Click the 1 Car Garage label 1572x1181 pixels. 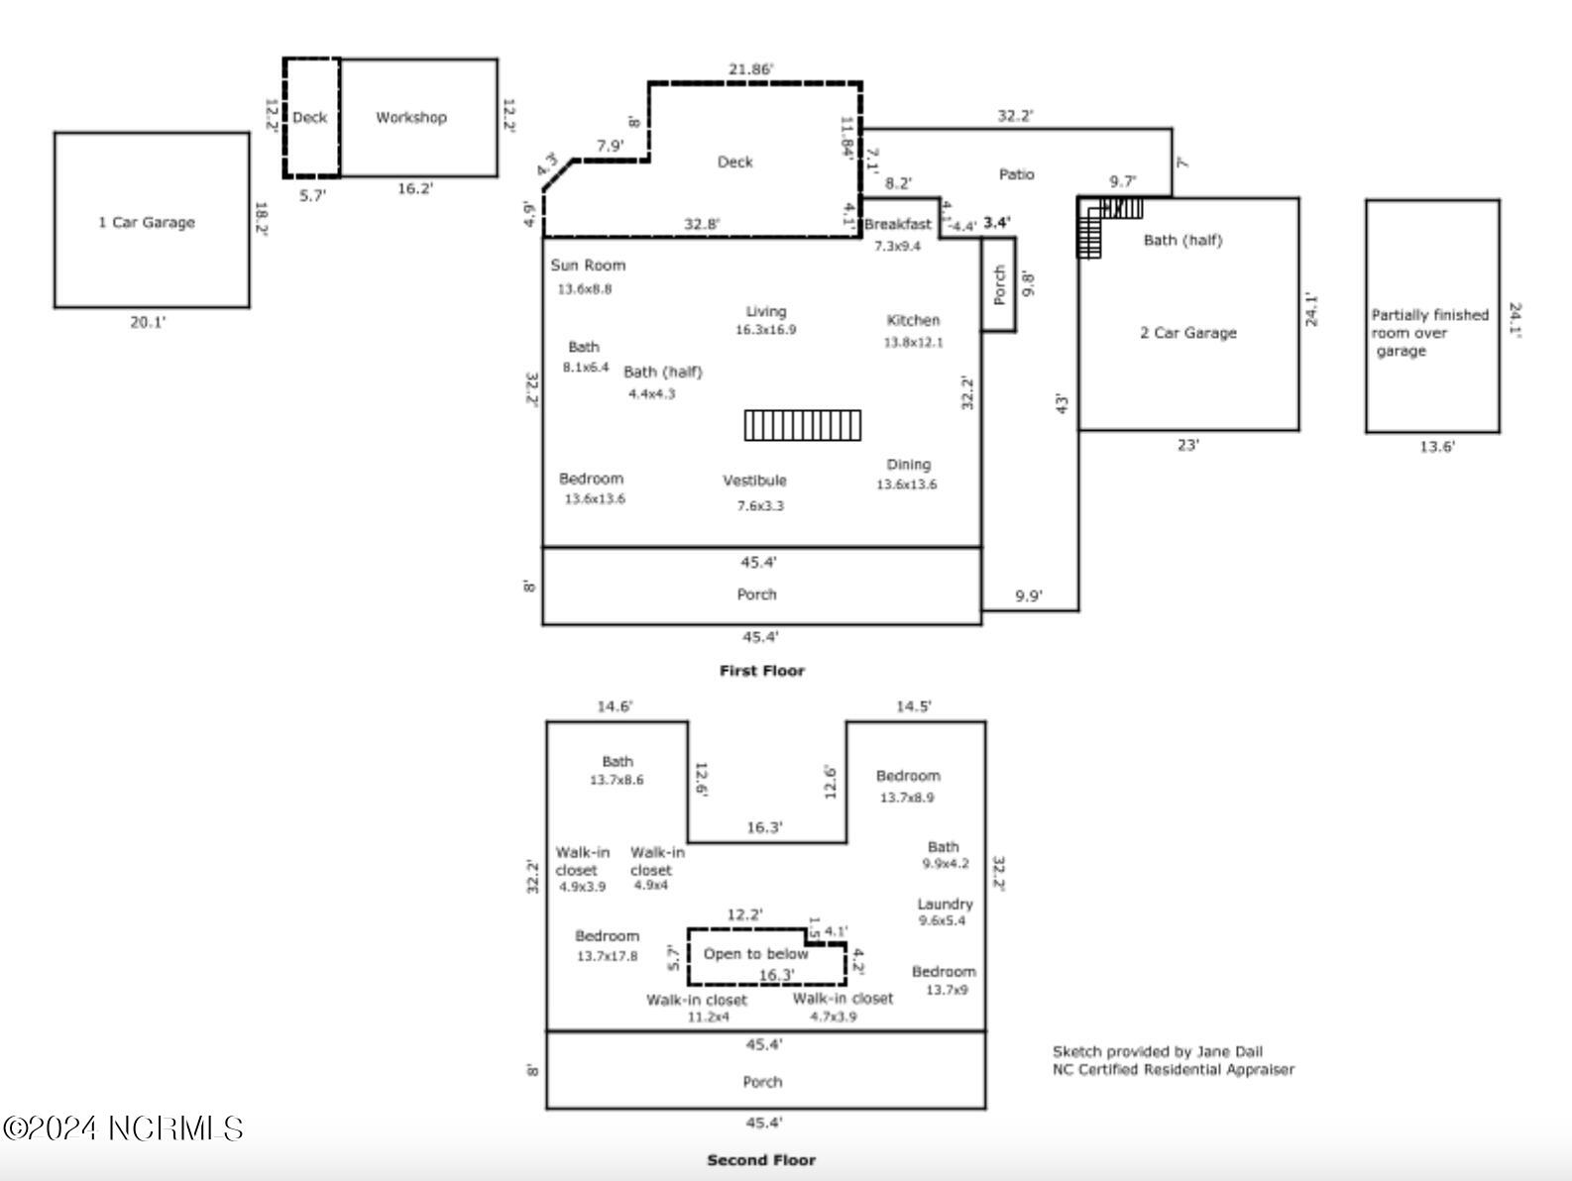(x=146, y=223)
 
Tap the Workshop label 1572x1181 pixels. (x=411, y=117)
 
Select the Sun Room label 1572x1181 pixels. (x=588, y=266)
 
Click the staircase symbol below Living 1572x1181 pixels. (x=802, y=425)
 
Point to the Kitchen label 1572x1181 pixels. (x=913, y=321)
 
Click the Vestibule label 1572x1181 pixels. (x=754, y=481)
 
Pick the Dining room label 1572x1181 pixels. (x=909, y=465)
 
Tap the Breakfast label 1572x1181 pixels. (x=897, y=224)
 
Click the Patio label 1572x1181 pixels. (x=1016, y=174)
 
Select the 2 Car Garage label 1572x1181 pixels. (x=1188, y=333)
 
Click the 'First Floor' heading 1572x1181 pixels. (x=762, y=671)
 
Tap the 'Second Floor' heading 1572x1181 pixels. (x=761, y=1160)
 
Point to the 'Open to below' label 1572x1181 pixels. (x=755, y=954)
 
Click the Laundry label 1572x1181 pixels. (x=945, y=904)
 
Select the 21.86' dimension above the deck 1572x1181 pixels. (x=750, y=69)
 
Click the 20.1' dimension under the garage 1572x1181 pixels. (x=148, y=323)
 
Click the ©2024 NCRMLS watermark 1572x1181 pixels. (x=123, y=1128)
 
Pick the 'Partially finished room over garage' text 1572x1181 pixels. (x=1429, y=333)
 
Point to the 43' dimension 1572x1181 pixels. (x=1063, y=403)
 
